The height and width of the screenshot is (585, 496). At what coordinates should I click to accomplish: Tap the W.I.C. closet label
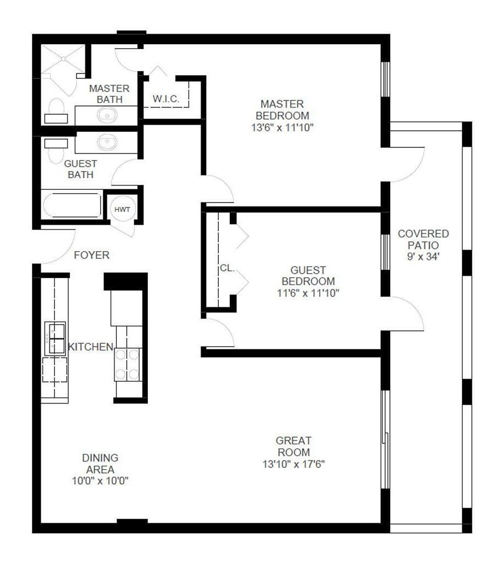pyautogui.click(x=164, y=99)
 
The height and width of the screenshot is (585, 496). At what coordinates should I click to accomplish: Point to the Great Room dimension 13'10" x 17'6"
pyautogui.click(x=294, y=464)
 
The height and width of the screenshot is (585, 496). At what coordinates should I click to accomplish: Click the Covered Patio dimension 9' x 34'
pyautogui.click(x=423, y=256)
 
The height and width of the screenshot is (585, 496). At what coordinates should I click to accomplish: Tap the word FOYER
pyautogui.click(x=91, y=255)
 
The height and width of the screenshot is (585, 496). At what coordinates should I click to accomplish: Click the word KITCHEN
pyautogui.click(x=90, y=347)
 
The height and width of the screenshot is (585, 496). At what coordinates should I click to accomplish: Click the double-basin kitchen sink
pyautogui.click(x=55, y=338)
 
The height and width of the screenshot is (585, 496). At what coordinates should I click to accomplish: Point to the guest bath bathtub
pyautogui.click(x=72, y=205)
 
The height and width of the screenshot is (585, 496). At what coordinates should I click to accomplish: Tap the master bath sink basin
pyautogui.click(x=106, y=115)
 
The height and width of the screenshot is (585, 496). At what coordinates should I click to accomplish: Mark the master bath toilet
pyautogui.click(x=56, y=109)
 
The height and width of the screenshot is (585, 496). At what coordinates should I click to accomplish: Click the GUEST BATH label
pyautogui.click(x=80, y=169)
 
